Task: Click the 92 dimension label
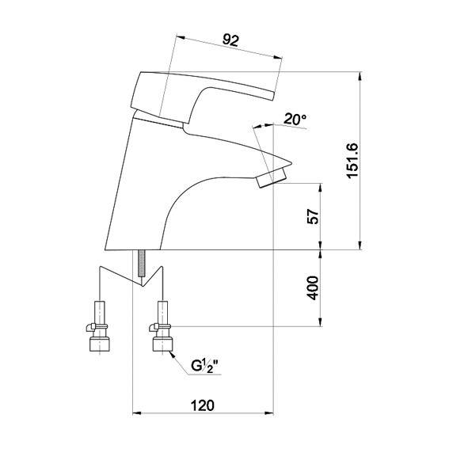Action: click(230, 40)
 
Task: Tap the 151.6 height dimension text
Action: click(352, 161)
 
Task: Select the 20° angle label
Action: click(295, 119)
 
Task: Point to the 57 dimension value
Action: click(313, 217)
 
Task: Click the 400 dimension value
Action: click(313, 287)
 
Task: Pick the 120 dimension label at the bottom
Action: click(203, 405)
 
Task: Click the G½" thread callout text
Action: click(207, 366)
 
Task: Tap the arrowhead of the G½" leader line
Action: click(173, 355)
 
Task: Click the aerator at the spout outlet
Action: click(271, 177)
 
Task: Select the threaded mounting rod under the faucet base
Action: click(142, 263)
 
